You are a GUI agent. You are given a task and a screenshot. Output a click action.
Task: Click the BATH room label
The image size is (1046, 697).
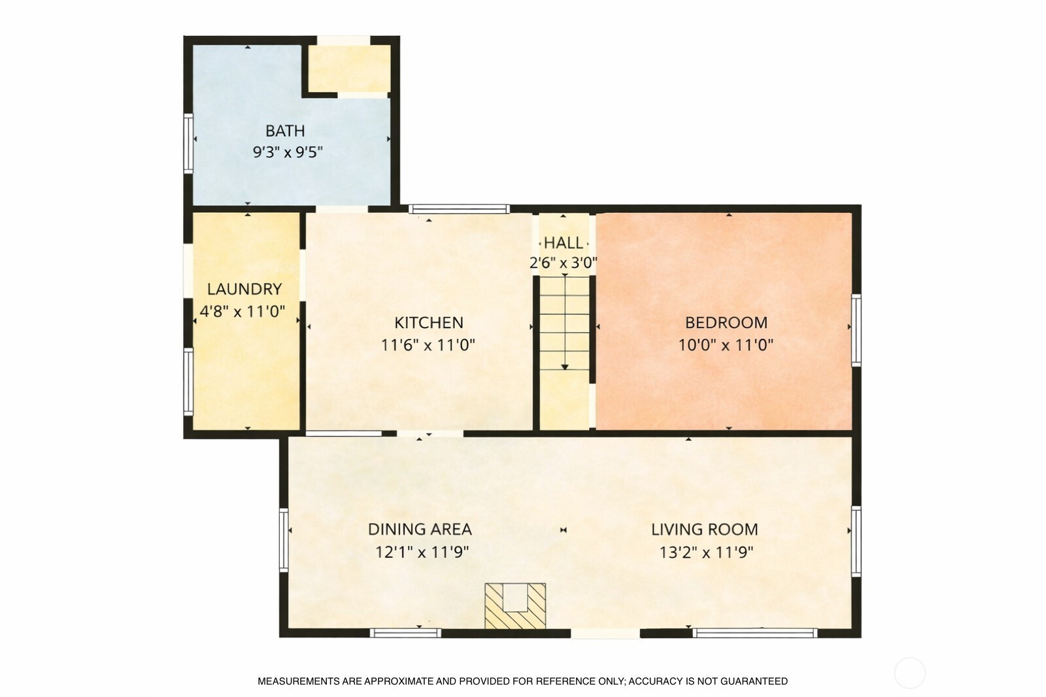coord(285,131)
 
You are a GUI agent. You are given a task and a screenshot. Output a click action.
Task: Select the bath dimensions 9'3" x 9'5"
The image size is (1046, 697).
coord(288,152)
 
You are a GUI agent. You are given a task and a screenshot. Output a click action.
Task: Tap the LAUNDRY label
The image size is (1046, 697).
coord(245,289)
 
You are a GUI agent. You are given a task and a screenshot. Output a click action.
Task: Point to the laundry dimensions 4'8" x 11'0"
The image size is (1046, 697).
coord(243,311)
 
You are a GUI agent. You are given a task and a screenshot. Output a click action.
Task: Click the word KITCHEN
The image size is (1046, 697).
coord(429,323)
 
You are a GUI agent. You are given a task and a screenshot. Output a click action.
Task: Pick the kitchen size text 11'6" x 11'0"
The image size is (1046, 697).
coord(428,346)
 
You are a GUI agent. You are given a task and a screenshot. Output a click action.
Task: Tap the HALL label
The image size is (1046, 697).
coord(564,242)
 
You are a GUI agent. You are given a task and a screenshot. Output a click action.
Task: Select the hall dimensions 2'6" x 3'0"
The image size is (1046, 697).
coord(563,263)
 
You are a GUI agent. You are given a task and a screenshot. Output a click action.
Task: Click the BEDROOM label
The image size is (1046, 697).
coord(726,323)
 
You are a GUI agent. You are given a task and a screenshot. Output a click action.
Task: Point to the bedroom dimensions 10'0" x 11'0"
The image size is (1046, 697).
coord(726,346)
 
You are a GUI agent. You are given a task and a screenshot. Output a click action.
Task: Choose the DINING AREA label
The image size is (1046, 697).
coord(420,530)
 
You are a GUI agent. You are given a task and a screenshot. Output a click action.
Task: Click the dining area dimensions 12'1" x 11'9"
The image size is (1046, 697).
coord(422,553)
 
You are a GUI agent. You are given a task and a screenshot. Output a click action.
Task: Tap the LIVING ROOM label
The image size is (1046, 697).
coord(705,530)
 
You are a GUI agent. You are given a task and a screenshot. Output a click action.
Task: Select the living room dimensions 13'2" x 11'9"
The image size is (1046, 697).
coord(706,553)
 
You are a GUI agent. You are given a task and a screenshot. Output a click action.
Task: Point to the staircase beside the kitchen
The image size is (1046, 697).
coord(565,323)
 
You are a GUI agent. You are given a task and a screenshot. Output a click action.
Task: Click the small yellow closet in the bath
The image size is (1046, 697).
coord(349,69)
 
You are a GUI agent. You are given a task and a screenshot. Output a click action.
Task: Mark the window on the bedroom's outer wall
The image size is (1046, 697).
coord(856,331)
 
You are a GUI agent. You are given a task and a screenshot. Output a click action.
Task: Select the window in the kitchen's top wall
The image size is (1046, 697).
coord(459,209)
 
